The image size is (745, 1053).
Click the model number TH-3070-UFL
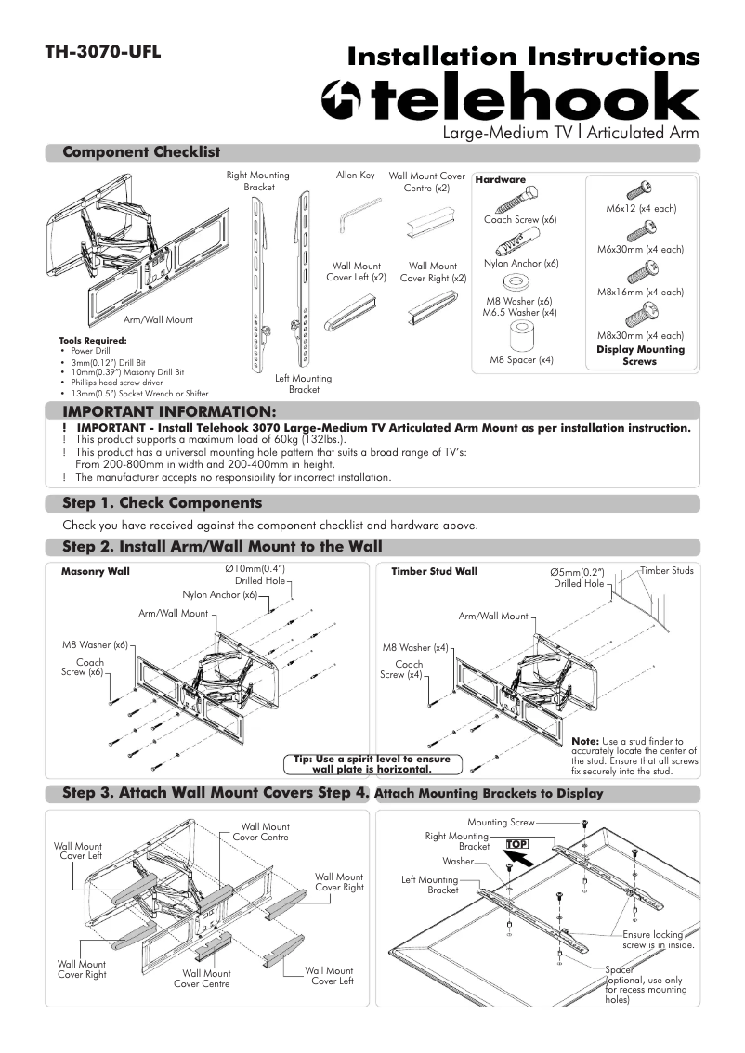coord(103,52)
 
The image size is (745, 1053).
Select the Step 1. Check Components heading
coord(162,503)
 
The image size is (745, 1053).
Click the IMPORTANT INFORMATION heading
coord(168,411)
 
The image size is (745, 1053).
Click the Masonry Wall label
coord(95,571)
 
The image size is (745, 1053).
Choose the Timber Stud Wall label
coord(434,571)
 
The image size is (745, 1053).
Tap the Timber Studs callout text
coord(666,570)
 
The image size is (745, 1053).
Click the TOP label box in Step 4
coord(516,843)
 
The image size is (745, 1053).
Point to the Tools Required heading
coord(93,341)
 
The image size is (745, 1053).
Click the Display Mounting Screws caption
coord(640,356)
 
